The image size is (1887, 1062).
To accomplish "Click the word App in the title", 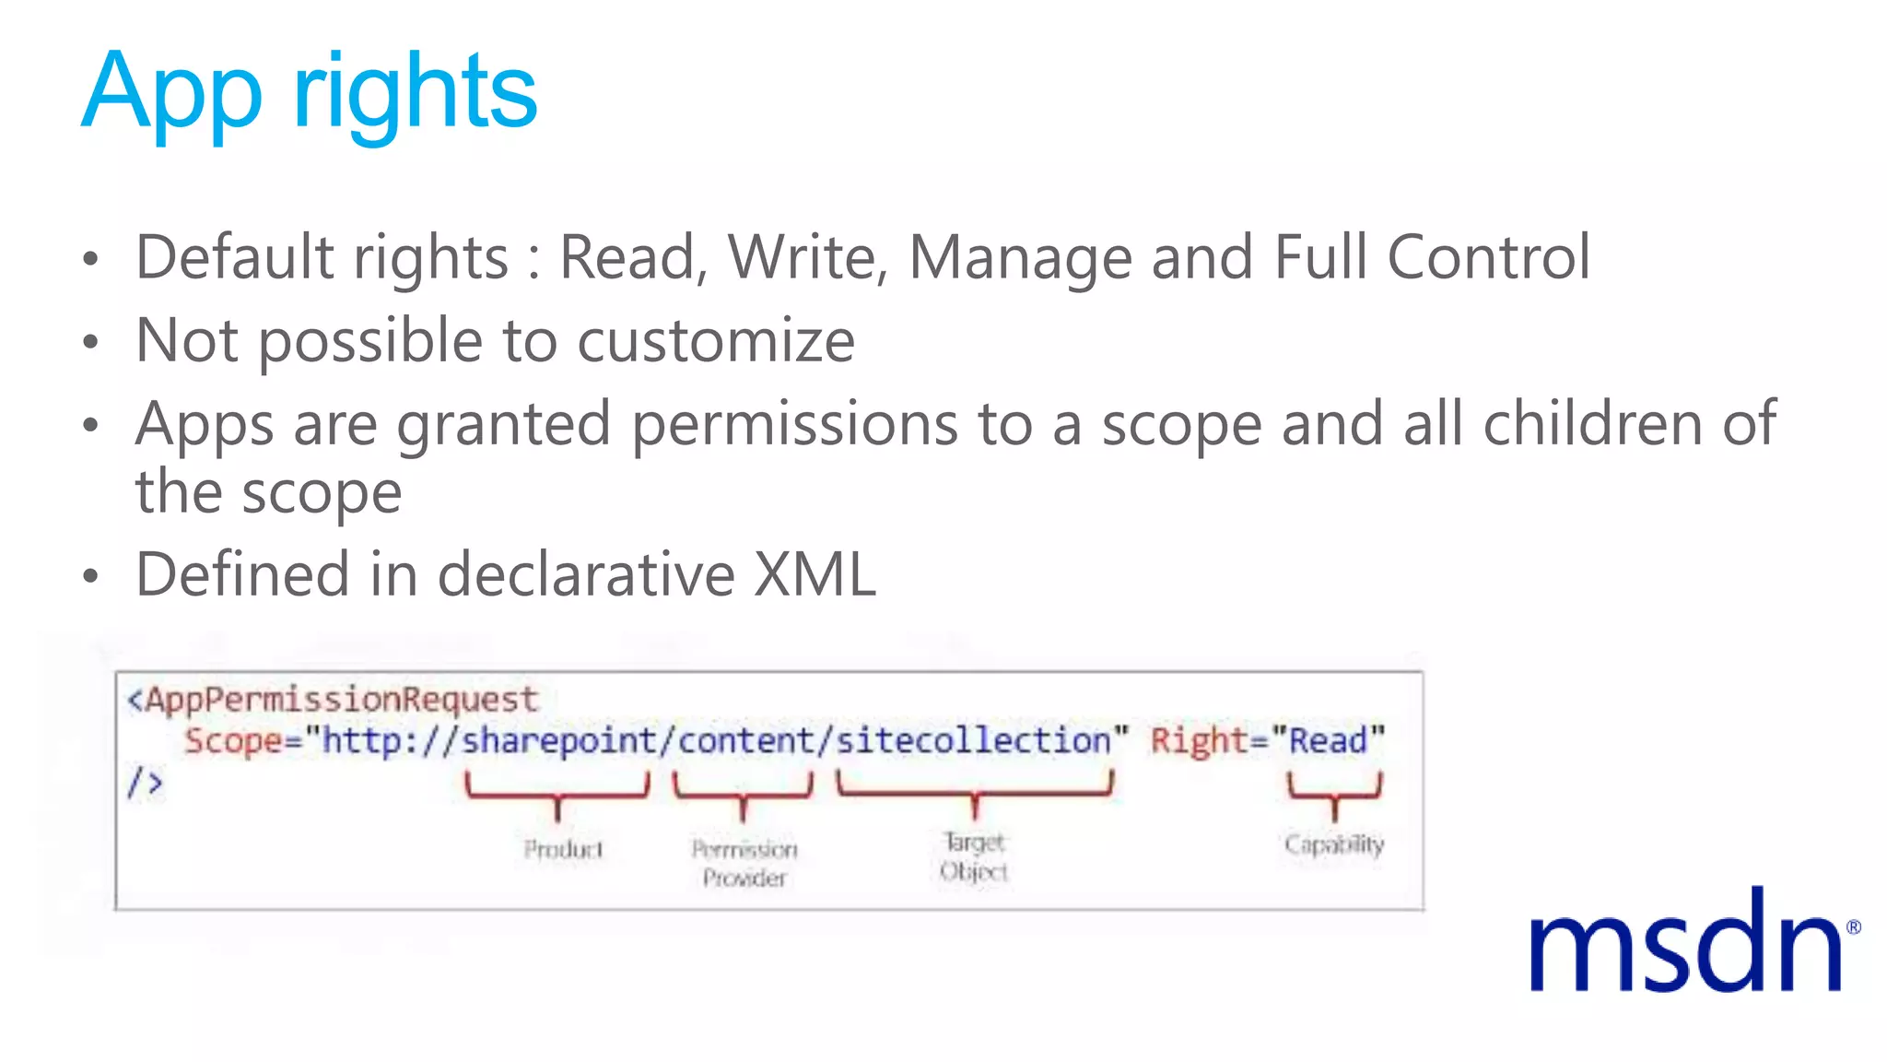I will pyautogui.click(x=171, y=93).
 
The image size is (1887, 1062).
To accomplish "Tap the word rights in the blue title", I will pyautogui.click(x=415, y=93).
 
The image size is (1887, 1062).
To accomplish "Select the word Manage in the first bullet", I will pyautogui.click(x=1020, y=258).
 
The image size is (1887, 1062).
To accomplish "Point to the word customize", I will pyautogui.click(x=716, y=341).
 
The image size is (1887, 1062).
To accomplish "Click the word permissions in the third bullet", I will pyautogui.click(x=794, y=425).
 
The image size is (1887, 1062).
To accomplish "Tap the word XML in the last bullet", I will pyautogui.click(x=815, y=574).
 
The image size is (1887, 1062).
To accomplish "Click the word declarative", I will pyautogui.click(x=586, y=574).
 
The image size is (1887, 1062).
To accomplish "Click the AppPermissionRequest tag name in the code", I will pyautogui.click(x=342, y=700).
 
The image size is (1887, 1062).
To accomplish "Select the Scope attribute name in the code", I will pyautogui.click(x=233, y=741).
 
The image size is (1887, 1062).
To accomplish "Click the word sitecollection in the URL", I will pyautogui.click(x=974, y=740).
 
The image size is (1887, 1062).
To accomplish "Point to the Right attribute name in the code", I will pyautogui.click(x=1199, y=740).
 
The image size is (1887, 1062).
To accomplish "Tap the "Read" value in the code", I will pyautogui.click(x=1328, y=740).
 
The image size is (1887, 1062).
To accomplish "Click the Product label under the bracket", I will pyautogui.click(x=563, y=848).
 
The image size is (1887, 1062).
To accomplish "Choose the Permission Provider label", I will pyautogui.click(x=744, y=863).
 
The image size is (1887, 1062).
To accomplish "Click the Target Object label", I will pyautogui.click(x=974, y=856).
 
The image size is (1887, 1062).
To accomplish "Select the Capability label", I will pyautogui.click(x=1333, y=844).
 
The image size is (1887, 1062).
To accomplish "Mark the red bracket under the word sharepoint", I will pyautogui.click(x=557, y=794).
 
